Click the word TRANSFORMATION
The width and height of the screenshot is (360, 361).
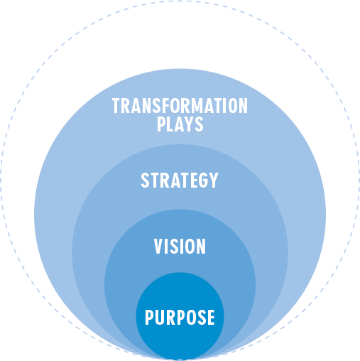pos(180,106)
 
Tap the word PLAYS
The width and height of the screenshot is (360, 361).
pos(180,124)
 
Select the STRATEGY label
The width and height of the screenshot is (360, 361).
pos(180,180)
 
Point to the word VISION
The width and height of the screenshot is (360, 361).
pos(180,247)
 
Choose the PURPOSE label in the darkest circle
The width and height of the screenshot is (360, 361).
pos(180,317)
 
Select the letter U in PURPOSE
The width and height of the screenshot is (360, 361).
pos(160,317)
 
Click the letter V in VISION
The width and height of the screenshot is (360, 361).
pos(158,247)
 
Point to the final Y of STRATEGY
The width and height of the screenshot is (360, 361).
pos(214,180)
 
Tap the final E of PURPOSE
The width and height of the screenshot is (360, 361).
pos(209,317)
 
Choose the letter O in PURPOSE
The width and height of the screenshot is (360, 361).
pos(189,317)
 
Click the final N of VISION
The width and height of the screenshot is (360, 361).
pos(201,247)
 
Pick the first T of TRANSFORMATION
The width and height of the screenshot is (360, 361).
pos(116,106)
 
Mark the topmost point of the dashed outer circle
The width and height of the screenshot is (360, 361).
pos(180,1)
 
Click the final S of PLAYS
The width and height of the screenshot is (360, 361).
pos(199,124)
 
